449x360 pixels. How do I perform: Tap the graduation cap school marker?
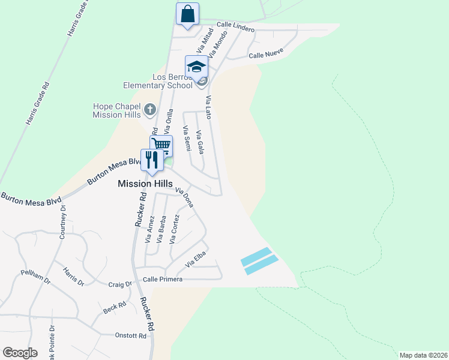coord(196,66)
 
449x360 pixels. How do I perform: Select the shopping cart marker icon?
coord(161,145)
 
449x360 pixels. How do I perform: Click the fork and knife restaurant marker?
coord(151,160)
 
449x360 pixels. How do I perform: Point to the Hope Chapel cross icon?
coord(150,110)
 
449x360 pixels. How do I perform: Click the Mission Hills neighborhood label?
coord(145,184)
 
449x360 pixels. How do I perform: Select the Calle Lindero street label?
coord(235,27)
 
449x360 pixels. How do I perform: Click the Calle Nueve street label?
coord(265,55)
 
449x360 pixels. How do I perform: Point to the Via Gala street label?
coord(200,142)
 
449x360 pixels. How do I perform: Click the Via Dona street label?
coord(184,198)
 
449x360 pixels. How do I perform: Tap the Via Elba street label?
coord(196,260)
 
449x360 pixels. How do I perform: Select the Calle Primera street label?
coord(163,279)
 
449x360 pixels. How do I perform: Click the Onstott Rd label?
coord(130,336)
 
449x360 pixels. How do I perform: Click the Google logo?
coord(20,353)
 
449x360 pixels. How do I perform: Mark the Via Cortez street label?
coord(174,230)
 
